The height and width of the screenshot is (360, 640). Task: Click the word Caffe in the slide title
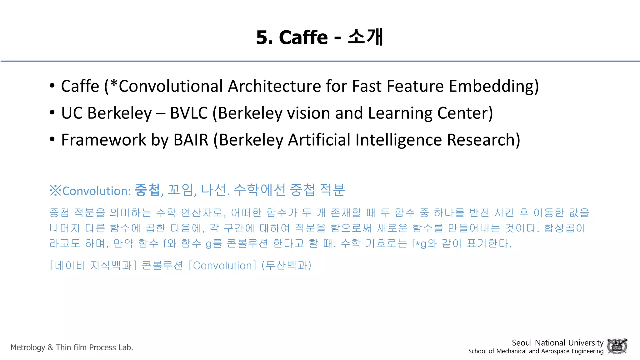[303, 37]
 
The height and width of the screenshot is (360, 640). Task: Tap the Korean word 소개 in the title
[365, 37]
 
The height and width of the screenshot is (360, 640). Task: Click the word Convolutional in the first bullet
[171, 86]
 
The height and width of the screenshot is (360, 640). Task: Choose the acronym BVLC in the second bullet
[189, 113]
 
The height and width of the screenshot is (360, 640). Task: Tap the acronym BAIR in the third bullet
[191, 140]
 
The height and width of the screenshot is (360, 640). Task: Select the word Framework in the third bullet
[103, 140]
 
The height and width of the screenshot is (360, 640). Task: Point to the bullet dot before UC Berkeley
[52, 112]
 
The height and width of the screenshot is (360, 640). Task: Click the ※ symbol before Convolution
[55, 191]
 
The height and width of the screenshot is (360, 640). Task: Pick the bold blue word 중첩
[147, 190]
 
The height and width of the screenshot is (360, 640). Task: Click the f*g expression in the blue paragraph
[419, 243]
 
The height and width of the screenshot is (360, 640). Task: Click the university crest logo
[617, 346]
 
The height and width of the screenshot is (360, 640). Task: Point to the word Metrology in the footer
[28, 347]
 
